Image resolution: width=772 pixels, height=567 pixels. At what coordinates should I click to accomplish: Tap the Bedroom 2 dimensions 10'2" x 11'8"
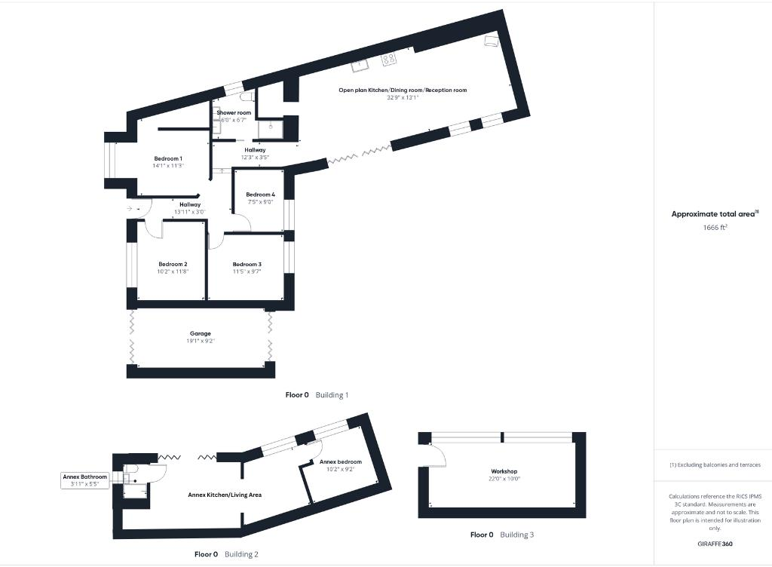point(173,271)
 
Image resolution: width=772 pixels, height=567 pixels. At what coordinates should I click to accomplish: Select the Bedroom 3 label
point(247,264)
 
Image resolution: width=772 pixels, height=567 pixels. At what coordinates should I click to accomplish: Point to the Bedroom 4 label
point(261,195)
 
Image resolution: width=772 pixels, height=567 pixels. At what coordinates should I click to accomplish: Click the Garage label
point(200,333)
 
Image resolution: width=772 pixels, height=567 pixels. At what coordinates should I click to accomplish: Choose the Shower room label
point(234,112)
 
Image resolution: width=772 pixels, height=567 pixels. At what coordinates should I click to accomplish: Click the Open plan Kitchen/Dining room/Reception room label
point(403,90)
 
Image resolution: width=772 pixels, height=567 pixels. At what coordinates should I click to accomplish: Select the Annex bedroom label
point(340,461)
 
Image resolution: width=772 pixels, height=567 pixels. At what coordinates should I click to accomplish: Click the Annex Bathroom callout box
point(84,480)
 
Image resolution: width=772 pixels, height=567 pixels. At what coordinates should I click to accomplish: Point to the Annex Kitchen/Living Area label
point(225,495)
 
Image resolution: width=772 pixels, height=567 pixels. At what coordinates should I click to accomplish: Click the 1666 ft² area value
point(715,226)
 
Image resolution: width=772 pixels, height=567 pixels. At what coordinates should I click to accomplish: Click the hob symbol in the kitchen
point(390,58)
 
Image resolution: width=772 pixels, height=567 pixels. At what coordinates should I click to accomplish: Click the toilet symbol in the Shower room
point(247,98)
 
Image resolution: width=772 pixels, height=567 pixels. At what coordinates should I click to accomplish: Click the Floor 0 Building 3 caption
point(502,535)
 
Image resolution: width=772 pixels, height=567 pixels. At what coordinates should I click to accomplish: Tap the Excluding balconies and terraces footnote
point(715,465)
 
